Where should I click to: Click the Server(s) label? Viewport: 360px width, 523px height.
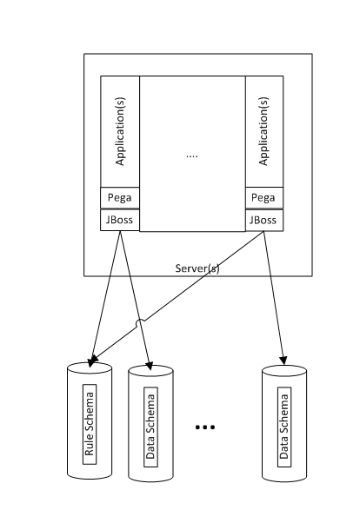pyautogui.click(x=197, y=268)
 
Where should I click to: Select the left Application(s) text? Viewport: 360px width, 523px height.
pyautogui.click(x=120, y=131)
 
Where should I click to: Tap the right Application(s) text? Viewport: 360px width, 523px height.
pyautogui.click(x=263, y=131)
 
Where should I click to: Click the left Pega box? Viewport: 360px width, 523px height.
pyautogui.click(x=120, y=198)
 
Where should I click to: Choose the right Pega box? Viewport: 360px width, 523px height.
pyautogui.click(x=264, y=198)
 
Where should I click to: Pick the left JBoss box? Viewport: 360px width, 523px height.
pyautogui.click(x=120, y=220)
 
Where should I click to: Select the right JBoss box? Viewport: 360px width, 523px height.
pyautogui.click(x=264, y=220)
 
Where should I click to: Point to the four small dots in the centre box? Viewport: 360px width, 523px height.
pyautogui.click(x=192, y=156)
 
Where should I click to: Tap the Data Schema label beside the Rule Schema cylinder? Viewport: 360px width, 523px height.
pyautogui.click(x=150, y=427)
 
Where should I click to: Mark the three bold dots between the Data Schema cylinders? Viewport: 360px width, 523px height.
pyautogui.click(x=204, y=427)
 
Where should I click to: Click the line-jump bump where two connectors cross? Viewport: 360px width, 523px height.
pyautogui.click(x=140, y=322)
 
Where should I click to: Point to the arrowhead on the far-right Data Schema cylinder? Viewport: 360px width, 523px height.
pyautogui.click(x=283, y=361)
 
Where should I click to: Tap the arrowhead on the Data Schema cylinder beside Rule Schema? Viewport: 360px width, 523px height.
pyautogui.click(x=150, y=366)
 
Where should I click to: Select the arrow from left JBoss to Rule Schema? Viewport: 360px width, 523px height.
pyautogui.click(x=105, y=299)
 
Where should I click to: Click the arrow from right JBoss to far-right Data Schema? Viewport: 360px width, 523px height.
pyautogui.click(x=274, y=298)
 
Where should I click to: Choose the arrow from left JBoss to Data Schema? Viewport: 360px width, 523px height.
pyautogui.click(x=135, y=301)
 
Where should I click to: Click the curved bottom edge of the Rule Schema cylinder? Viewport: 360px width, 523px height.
pyautogui.click(x=90, y=477)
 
